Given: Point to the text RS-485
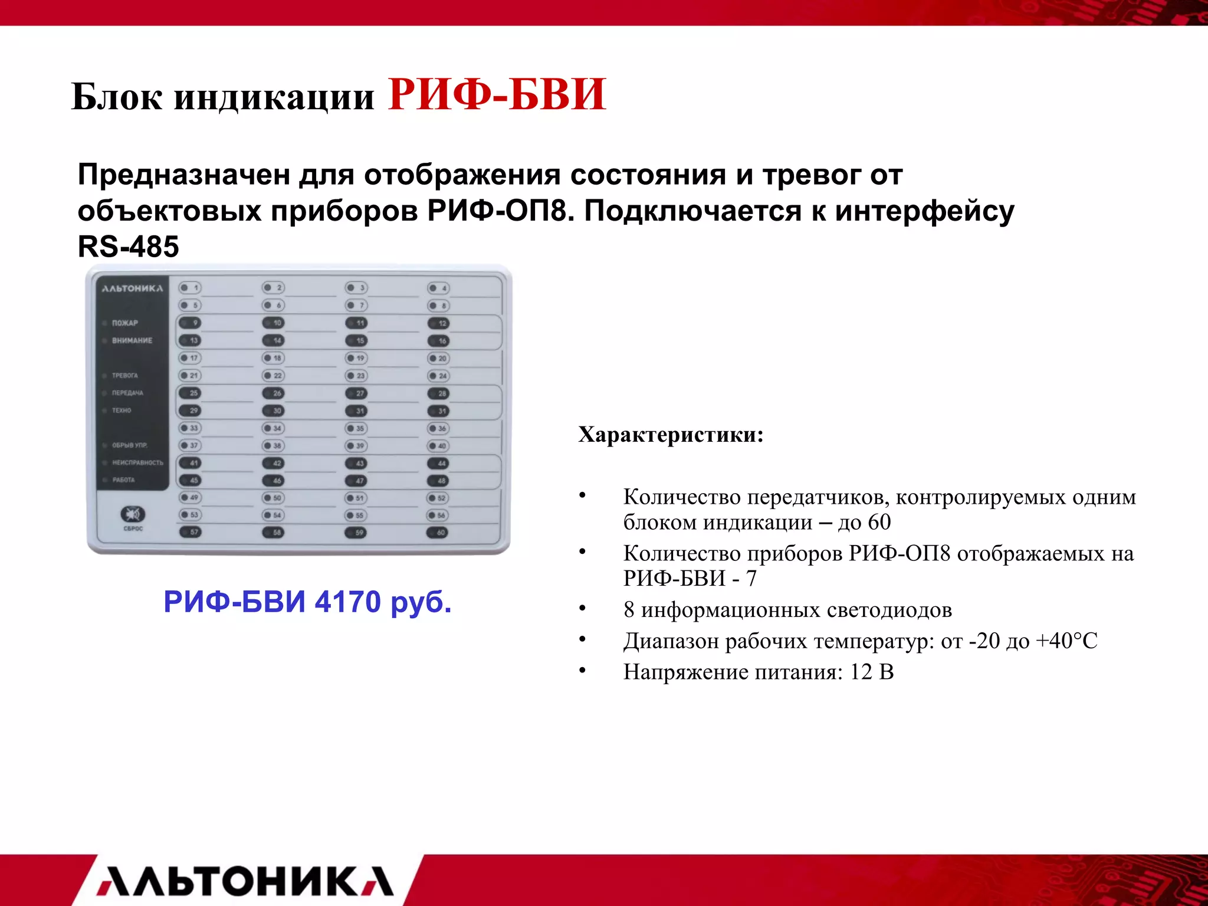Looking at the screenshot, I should (128, 247).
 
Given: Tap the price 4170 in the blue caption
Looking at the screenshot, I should (347, 602).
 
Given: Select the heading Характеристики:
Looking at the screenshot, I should (671, 435).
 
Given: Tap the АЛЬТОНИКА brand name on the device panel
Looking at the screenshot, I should (132, 288).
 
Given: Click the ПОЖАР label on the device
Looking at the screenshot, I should (124, 323).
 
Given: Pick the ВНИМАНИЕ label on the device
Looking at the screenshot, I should (132, 340).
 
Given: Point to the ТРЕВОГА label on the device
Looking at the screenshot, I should (124, 375).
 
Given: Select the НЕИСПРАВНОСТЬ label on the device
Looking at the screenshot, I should (137, 462).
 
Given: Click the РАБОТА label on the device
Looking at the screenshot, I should (123, 480).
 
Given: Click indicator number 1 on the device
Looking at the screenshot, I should (190, 288).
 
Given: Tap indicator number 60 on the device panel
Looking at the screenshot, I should (438, 533).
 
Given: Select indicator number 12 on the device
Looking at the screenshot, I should (438, 323).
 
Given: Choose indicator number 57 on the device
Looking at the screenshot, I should (190, 532).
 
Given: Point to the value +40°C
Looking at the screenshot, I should (1066, 641).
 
